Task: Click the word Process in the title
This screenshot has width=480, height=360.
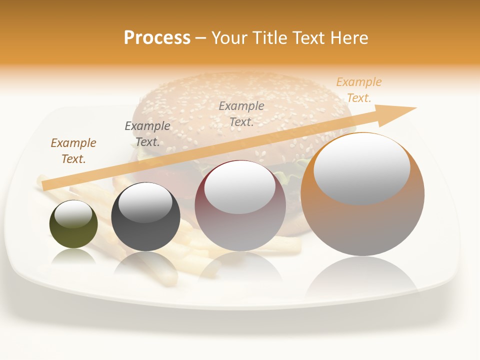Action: tap(157, 38)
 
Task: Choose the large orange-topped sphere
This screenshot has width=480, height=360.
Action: tap(362, 225)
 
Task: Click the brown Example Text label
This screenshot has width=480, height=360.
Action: tap(73, 151)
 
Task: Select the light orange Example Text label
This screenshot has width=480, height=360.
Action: tap(358, 90)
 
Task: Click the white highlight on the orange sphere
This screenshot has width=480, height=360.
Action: tap(361, 167)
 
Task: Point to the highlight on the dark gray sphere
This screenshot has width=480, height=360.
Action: tap(145, 202)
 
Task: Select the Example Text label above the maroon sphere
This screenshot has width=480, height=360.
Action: tap(241, 113)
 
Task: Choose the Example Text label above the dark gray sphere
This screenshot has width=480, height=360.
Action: tap(147, 134)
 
